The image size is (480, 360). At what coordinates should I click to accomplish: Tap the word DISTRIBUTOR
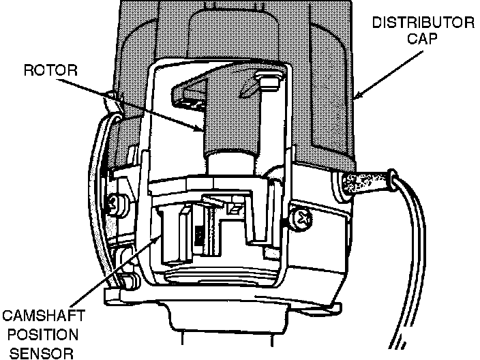(x=423, y=23)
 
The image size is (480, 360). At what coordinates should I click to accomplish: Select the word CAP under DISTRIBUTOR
(x=422, y=40)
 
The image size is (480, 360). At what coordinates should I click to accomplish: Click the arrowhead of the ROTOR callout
(x=200, y=130)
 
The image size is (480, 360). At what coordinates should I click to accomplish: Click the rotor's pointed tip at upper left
(x=179, y=88)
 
